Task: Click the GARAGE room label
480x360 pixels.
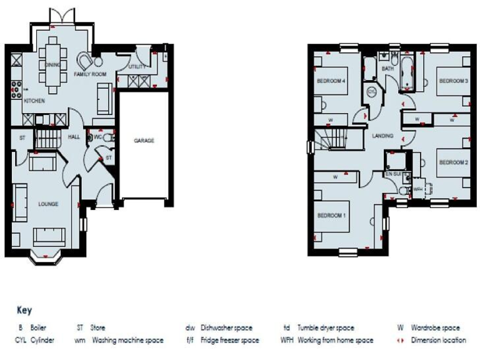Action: point(144,141)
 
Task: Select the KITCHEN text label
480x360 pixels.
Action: point(34,100)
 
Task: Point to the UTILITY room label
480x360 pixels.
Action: point(136,66)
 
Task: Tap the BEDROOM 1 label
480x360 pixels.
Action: point(331,216)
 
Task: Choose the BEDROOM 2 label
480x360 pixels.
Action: point(453,162)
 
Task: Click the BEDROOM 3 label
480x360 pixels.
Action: point(453,81)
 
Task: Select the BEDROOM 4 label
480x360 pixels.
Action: point(331,81)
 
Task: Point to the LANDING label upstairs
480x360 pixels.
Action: point(382,136)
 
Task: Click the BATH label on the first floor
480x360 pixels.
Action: point(387,68)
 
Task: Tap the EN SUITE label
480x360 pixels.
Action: point(392,172)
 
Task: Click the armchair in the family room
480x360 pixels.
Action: point(84,61)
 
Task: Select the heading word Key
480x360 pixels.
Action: point(24,311)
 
